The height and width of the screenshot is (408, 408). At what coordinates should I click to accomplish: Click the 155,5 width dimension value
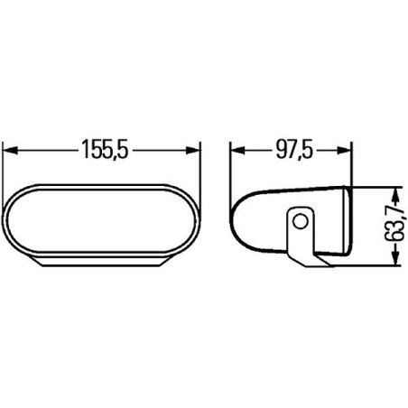[x=106, y=149]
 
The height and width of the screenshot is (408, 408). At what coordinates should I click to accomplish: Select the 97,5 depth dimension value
[x=294, y=150]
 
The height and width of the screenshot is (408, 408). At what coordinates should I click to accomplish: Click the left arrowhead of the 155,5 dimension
[x=10, y=150]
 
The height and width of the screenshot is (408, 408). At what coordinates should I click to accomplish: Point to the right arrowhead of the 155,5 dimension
[x=192, y=150]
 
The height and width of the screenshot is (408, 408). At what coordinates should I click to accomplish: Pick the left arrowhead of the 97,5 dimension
[x=237, y=150]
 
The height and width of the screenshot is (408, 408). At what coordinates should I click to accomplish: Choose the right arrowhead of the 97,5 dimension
[x=344, y=150]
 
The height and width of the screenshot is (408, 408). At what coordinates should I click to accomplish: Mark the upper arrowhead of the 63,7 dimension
[x=396, y=195]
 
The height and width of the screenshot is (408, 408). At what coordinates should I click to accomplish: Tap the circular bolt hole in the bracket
[x=301, y=222]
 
